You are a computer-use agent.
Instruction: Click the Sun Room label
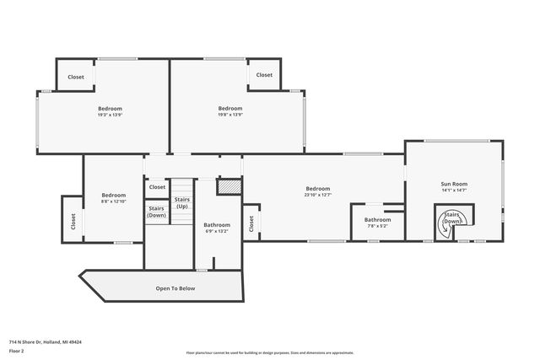click(x=453, y=183)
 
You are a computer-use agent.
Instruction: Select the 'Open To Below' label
click(x=175, y=288)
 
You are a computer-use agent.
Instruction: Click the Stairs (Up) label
click(x=182, y=203)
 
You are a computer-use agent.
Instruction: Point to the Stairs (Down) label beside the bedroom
click(x=157, y=212)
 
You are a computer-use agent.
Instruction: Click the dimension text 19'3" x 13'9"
click(x=110, y=116)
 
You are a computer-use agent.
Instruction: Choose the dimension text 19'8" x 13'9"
click(x=230, y=116)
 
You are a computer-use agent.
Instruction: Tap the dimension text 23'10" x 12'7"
click(x=317, y=196)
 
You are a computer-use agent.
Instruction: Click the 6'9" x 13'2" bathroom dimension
click(x=217, y=232)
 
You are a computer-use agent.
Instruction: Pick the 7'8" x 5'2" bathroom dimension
click(x=377, y=226)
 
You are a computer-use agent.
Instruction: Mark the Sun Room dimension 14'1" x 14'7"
click(x=453, y=191)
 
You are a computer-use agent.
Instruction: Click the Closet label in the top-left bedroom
click(x=76, y=78)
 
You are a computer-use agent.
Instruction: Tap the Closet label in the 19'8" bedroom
click(x=264, y=75)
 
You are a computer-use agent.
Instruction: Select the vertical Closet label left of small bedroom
click(x=73, y=221)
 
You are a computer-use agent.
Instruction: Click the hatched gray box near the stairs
click(x=229, y=187)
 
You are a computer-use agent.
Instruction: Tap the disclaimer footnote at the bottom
click(x=269, y=353)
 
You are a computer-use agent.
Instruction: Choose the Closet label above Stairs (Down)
click(x=157, y=187)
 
